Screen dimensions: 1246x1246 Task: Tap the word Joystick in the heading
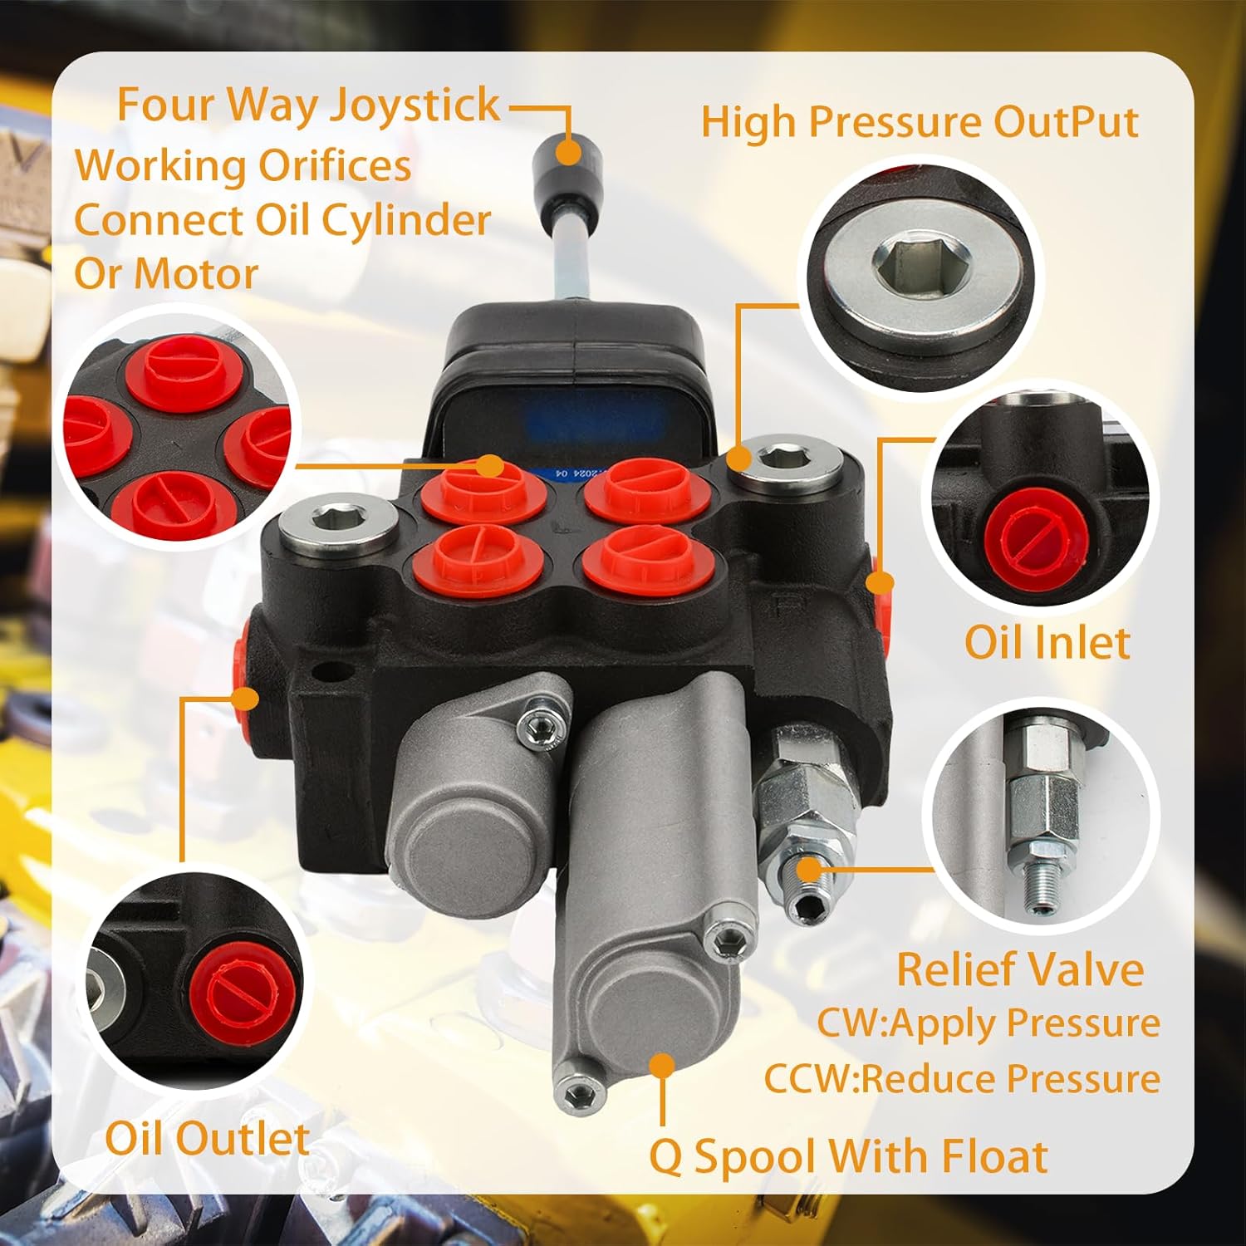click(x=415, y=105)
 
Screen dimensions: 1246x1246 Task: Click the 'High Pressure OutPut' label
click(x=919, y=122)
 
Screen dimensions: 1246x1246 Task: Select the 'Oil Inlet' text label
click(x=1047, y=642)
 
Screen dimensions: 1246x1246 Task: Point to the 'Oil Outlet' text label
click(x=207, y=1137)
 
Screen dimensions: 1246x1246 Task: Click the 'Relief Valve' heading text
click(x=1020, y=969)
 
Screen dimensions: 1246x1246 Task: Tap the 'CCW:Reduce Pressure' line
click(x=962, y=1078)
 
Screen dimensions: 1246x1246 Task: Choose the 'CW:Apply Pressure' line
click(x=988, y=1023)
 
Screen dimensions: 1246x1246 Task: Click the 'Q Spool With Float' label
click(x=848, y=1155)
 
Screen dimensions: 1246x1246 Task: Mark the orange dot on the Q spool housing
click(x=662, y=1067)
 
